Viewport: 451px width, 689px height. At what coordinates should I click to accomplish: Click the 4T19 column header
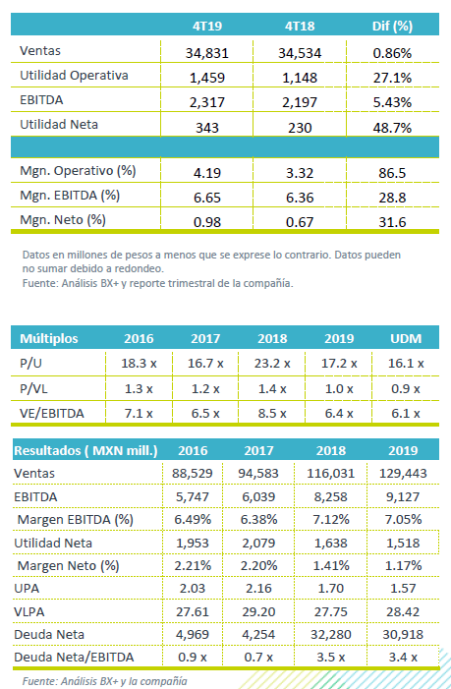[x=207, y=26]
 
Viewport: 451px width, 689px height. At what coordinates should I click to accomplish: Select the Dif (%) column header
[x=392, y=26]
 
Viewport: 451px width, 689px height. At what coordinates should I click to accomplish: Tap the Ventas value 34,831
[x=207, y=53]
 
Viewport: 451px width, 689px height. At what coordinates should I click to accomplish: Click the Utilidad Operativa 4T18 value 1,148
[x=300, y=78]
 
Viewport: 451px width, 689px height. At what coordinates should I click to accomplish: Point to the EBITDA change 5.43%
[x=392, y=102]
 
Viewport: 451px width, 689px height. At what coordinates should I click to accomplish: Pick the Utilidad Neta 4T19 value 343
[x=207, y=128]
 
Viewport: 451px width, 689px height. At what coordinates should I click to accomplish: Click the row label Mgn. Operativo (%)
[x=78, y=170]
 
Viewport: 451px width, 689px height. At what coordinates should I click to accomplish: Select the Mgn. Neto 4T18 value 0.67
[x=300, y=222]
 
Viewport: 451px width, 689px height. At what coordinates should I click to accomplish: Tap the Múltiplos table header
[x=49, y=339]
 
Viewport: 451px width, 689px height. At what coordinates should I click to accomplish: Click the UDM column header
[x=406, y=339]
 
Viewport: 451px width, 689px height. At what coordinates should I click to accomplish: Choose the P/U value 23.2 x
[x=272, y=364]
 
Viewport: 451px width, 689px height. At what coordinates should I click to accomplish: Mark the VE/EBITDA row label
[x=52, y=414]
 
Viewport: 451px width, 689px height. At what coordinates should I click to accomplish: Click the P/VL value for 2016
[x=139, y=389]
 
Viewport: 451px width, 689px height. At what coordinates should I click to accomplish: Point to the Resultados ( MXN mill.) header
[x=85, y=451]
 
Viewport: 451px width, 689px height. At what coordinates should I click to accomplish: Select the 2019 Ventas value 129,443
[x=403, y=474]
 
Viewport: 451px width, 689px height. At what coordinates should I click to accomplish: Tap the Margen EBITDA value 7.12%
[x=331, y=519]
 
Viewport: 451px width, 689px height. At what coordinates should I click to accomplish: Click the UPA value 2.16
[x=258, y=589]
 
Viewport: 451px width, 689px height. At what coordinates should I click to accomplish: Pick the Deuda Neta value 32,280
[x=331, y=635]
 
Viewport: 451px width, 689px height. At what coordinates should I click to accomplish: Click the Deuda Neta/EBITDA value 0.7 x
[x=258, y=658]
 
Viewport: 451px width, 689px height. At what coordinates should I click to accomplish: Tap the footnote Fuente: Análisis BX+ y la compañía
[x=104, y=681]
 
